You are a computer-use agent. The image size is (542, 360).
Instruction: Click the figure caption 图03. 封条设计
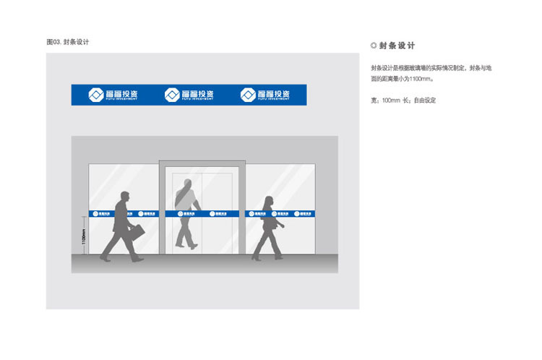pyautogui.click(x=67, y=42)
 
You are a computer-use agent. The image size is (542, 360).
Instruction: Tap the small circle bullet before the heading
pyautogui.click(x=373, y=46)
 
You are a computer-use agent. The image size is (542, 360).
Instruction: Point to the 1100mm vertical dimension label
pyautogui.click(x=84, y=236)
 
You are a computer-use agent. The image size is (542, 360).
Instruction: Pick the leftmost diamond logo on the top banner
pyautogui.click(x=96, y=95)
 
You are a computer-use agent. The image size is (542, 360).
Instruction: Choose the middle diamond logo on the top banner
pyautogui.click(x=172, y=95)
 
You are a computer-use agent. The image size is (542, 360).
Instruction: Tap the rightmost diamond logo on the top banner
pyautogui.click(x=248, y=95)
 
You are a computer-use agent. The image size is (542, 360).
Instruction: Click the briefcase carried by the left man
pyautogui.click(x=136, y=233)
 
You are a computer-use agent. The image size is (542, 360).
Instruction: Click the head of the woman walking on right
pyautogui.click(x=269, y=202)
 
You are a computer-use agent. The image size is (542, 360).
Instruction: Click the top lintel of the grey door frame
pyautogui.click(x=202, y=164)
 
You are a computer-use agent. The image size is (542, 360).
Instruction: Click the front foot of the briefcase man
pyautogui.click(x=137, y=258)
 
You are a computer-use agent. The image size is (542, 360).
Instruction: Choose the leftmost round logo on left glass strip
pyautogui.click(x=94, y=213)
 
